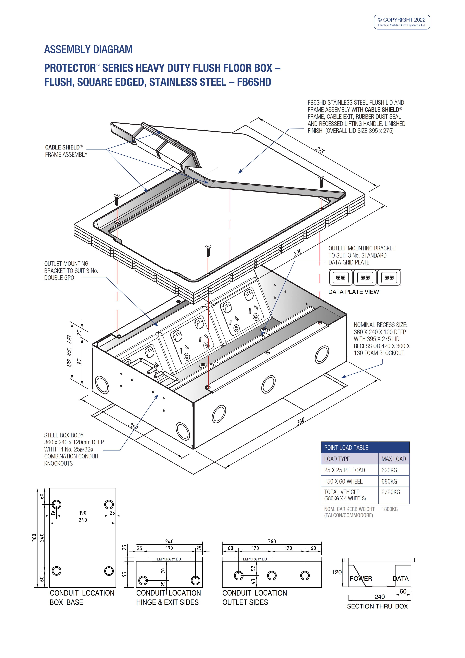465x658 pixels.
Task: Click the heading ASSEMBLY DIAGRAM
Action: [88, 50]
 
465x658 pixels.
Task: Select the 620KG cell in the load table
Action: [389, 470]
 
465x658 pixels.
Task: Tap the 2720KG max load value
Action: [391, 492]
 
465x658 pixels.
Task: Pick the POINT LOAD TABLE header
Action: [346, 448]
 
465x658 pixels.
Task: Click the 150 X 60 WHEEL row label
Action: [343, 481]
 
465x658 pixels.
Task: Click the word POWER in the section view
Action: [361, 579]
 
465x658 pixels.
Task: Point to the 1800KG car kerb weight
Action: [389, 509]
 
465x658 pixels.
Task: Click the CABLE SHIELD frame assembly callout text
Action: [66, 151]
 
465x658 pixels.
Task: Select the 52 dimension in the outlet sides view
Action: [253, 568]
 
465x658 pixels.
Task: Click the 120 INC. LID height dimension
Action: [69, 351]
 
